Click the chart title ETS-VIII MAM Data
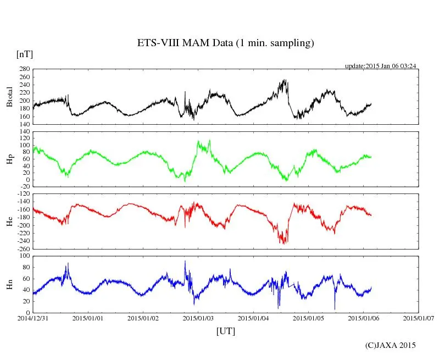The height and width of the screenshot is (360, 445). point(225,43)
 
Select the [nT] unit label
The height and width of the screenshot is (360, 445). point(24,54)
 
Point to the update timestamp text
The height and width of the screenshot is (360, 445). point(380,66)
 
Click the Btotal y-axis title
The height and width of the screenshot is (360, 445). point(9,96)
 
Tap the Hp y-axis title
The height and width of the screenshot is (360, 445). point(9,159)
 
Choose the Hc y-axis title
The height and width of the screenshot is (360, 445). point(9,221)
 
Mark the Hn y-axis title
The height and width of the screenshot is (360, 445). point(9,284)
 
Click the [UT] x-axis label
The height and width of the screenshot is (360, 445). point(226,331)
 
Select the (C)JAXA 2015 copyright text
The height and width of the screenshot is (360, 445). point(391,345)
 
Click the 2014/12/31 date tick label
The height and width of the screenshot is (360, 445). point(33,318)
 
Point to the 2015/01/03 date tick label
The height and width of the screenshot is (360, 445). point(198,318)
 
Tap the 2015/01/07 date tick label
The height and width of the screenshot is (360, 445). point(419,318)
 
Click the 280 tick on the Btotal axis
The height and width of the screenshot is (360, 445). point(24,69)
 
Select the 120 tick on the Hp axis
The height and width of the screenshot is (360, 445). point(24,132)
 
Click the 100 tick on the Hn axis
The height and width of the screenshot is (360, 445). point(24,257)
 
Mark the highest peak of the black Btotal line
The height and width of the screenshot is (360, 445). point(285,80)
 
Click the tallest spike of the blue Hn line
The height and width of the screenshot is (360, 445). point(185,261)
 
